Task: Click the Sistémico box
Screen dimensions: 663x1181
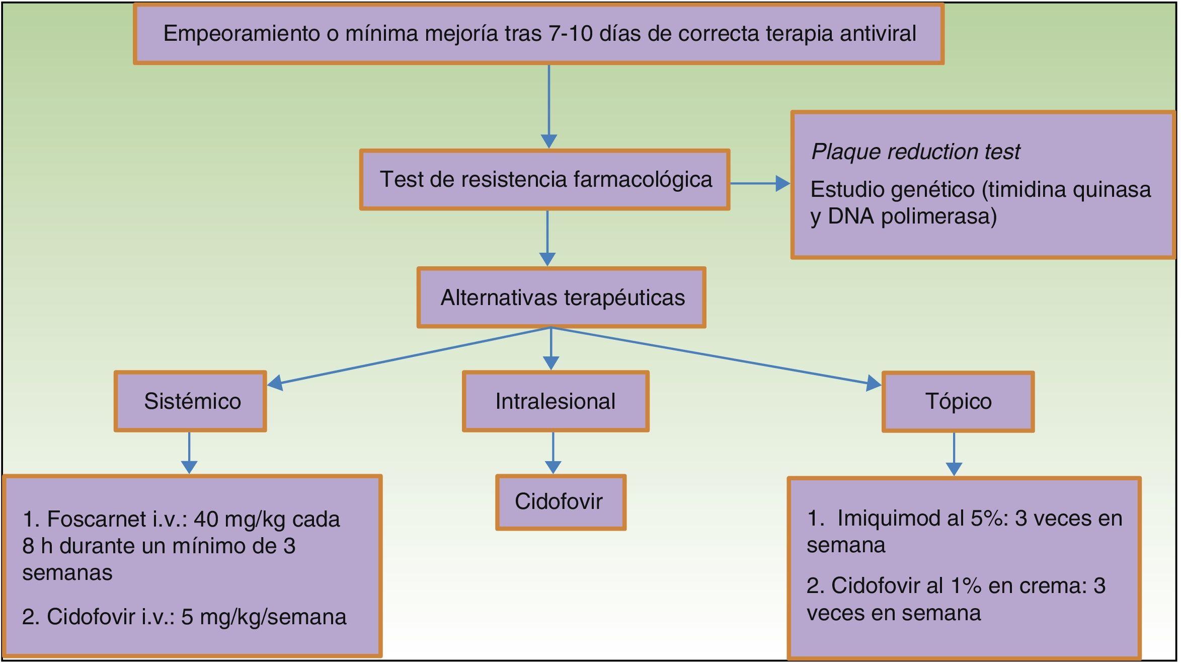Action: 190,401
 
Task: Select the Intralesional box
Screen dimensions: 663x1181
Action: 555,401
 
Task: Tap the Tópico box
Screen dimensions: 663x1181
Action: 958,401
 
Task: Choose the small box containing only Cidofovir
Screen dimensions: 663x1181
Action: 560,501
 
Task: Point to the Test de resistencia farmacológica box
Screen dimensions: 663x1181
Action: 544,179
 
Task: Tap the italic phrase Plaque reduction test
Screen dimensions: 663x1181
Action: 915,152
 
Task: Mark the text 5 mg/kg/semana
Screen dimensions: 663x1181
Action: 264,617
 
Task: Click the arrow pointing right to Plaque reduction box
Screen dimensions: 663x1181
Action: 760,184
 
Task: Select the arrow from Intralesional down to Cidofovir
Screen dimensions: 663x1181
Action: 553,453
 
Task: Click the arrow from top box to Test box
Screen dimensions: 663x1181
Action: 548,106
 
